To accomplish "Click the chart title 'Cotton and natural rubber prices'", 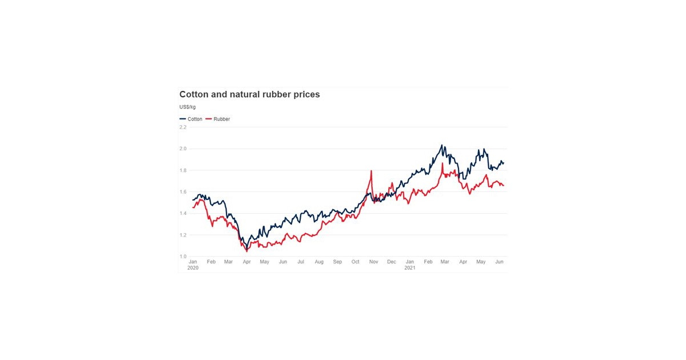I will point(249,94).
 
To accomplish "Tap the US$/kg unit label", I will point(188,107).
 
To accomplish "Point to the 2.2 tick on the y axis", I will point(183,127).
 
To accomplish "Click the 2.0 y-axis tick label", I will point(183,149).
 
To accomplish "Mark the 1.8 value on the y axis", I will point(183,170).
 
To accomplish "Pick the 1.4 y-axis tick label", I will point(183,213).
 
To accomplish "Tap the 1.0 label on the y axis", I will point(183,257).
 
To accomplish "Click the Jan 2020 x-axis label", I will point(193,264).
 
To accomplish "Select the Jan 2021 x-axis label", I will point(410,264).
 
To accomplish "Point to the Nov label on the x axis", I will point(374,262).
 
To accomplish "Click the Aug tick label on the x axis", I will point(319,262).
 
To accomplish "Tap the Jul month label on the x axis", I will point(301,262).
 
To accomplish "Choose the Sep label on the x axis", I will point(337,262).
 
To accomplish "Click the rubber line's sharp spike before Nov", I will point(372,171).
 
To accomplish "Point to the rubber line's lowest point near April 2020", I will point(246,251).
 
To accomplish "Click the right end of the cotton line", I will point(504,163).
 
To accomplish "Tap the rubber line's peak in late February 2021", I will point(442,163).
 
